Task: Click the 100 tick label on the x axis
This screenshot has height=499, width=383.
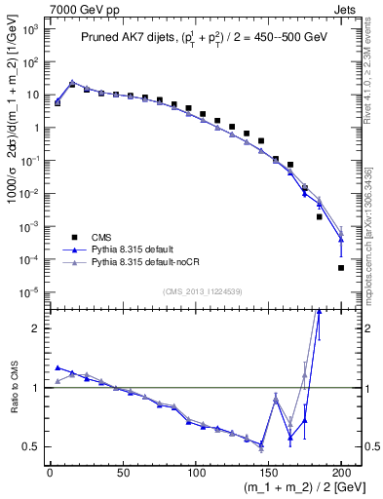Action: [195, 470]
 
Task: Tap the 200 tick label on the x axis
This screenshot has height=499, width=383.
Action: [341, 470]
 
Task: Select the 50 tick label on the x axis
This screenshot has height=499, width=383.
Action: [122, 470]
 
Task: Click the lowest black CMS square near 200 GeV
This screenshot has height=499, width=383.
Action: [341, 267]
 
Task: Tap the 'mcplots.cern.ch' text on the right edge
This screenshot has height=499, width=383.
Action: [374, 263]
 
